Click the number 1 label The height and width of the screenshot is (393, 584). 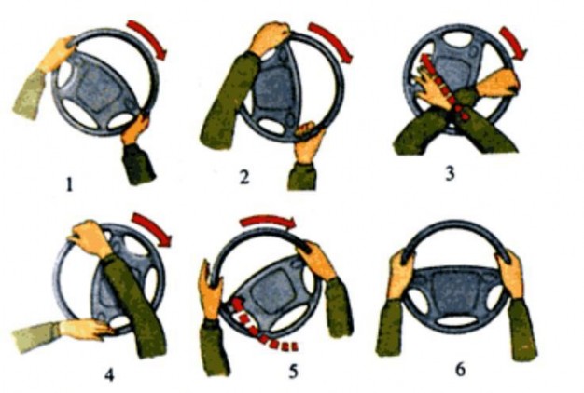point(69,184)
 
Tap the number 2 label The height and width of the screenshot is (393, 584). point(244,177)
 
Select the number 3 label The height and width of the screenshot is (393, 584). point(451,173)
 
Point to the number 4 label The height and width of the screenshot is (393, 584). point(109,374)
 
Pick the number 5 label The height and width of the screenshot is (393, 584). point(294,371)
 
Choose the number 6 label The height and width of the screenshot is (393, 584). point(461,370)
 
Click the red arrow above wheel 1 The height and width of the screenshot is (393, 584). point(148,39)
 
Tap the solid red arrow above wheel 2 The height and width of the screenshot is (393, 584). point(331,42)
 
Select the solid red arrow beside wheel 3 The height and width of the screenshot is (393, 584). point(513,43)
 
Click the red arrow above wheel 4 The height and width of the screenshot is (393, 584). point(153,229)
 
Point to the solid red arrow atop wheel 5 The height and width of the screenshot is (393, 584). point(268,222)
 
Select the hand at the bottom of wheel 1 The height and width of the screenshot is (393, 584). point(135,129)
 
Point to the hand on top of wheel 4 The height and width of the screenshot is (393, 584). point(90,238)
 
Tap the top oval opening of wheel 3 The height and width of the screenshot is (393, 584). point(458,39)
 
